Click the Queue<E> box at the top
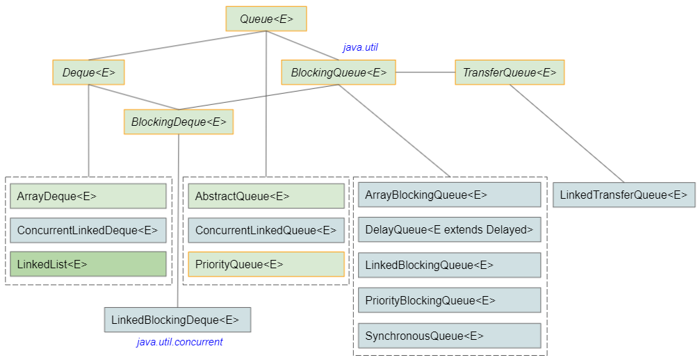pyautogui.click(x=266, y=19)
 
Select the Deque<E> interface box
pyautogui.click(x=88, y=72)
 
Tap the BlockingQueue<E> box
pyautogui.click(x=339, y=72)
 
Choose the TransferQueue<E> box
pyautogui.click(x=510, y=72)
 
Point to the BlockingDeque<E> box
pyautogui.click(x=179, y=122)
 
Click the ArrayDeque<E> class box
pyautogui.click(x=88, y=196)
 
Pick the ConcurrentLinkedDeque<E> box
pyautogui.click(x=88, y=230)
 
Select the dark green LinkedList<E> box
pyautogui.click(x=88, y=264)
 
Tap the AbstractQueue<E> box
pyautogui.click(x=266, y=196)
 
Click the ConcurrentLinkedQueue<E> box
pyautogui.click(x=266, y=230)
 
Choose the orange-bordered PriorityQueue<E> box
pyautogui.click(x=266, y=264)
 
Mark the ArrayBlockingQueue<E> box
pyautogui.click(x=450, y=195)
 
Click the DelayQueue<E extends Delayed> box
pyautogui.click(x=450, y=229)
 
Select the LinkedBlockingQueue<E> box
pyautogui.click(x=450, y=265)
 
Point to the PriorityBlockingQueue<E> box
pyautogui.click(x=450, y=300)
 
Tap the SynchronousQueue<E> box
pyautogui.click(x=450, y=336)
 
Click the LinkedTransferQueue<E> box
pyautogui.click(x=624, y=195)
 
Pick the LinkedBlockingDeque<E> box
pyautogui.click(x=178, y=320)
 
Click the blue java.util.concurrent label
pyautogui.click(x=179, y=342)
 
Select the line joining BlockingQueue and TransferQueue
pyautogui.click(x=425, y=72)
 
